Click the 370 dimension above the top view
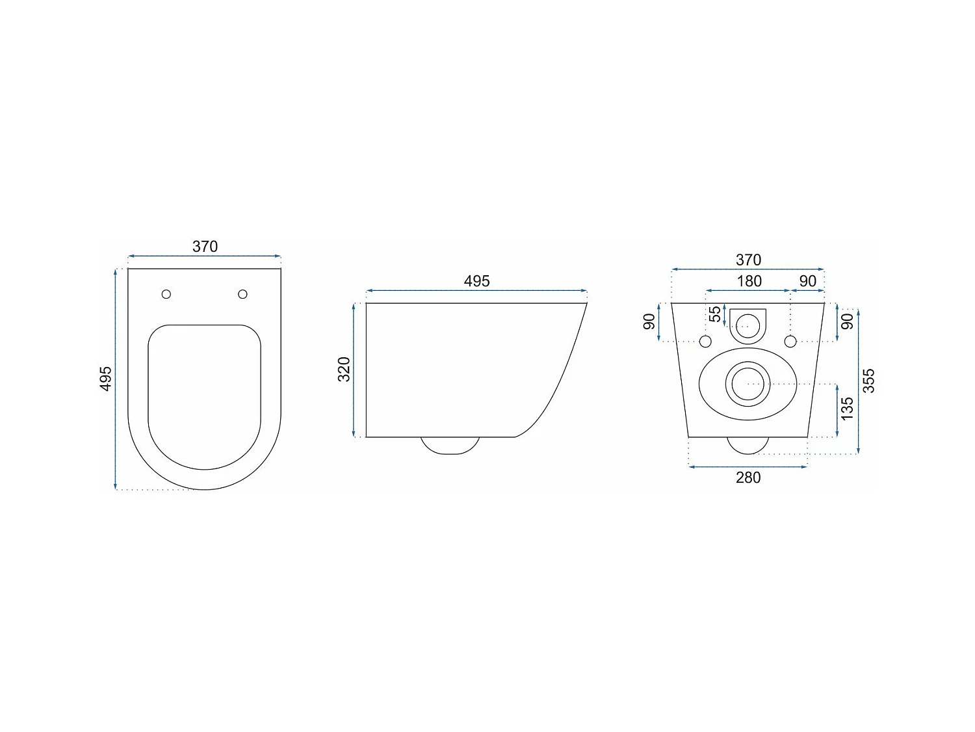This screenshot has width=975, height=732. click(205, 247)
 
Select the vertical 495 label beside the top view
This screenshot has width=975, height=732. click(106, 379)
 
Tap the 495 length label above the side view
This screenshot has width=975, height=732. click(476, 281)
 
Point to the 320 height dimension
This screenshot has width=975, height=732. click(344, 369)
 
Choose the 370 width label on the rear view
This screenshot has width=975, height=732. click(748, 260)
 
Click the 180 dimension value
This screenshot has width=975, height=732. click(749, 281)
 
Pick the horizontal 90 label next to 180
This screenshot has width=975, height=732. click(807, 281)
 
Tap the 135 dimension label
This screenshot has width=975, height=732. click(847, 409)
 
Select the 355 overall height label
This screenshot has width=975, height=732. click(868, 381)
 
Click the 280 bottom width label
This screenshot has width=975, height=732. click(748, 477)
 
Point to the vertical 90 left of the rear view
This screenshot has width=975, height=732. click(649, 321)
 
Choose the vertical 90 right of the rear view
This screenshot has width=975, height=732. click(847, 321)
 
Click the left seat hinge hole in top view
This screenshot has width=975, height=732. click(166, 294)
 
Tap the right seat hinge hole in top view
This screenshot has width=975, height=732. click(243, 294)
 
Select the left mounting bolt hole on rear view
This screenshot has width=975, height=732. click(706, 341)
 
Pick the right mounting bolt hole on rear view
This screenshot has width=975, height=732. click(790, 341)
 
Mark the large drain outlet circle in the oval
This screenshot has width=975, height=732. click(748, 383)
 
